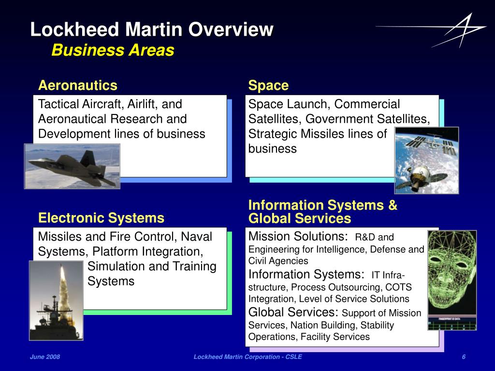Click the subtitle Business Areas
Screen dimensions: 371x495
click(113, 50)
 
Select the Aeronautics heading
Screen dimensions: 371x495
click(78, 86)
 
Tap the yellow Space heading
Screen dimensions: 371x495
click(268, 86)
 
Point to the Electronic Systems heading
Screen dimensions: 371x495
click(101, 218)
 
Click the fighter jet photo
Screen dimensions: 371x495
click(72, 166)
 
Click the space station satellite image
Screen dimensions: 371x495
click(426, 160)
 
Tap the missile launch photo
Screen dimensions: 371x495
click(56, 300)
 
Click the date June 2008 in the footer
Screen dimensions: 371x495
click(45, 357)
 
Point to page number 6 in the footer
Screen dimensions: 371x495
click(464, 357)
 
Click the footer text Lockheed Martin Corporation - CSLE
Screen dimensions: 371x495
click(247, 357)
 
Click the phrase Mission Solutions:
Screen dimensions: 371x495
click(298, 237)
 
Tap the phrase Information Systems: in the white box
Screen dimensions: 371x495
click(306, 274)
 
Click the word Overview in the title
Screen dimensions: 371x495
click(231, 30)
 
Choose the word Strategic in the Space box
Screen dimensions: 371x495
click(273, 134)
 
